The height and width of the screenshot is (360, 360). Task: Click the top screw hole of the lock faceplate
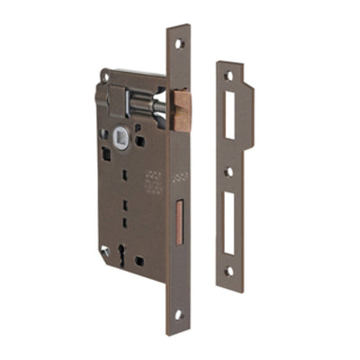pyautogui.click(x=179, y=42)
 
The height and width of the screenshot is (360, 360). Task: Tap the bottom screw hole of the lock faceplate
pyautogui.click(x=179, y=314)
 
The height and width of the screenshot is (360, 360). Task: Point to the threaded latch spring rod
pyautogui.click(x=154, y=105)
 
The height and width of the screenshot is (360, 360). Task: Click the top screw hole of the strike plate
pyautogui.click(x=229, y=76)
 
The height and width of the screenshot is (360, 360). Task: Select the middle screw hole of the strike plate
pyautogui.click(x=229, y=171)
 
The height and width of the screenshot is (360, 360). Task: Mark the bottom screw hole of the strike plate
pyautogui.click(x=229, y=270)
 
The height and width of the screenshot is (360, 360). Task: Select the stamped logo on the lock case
pyautogui.click(x=153, y=180)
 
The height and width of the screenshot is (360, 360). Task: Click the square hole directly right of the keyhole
pyautogui.click(x=139, y=261)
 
